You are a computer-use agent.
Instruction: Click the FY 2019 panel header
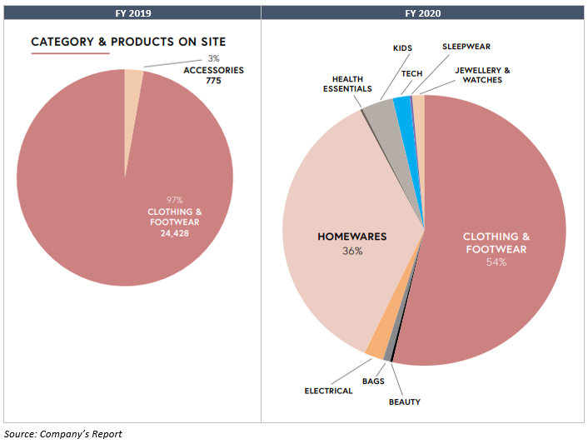(130, 13)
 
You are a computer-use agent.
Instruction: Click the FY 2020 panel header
(424, 13)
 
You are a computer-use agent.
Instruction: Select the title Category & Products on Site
(128, 42)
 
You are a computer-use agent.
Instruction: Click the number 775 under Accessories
(213, 82)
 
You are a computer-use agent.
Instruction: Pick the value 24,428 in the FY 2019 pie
(174, 232)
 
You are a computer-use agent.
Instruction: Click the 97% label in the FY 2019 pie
(174, 200)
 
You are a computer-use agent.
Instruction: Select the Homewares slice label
(351, 237)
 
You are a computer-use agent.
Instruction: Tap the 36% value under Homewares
(351, 251)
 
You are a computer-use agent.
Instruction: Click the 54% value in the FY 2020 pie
(496, 262)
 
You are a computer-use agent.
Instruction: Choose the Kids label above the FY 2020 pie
(403, 48)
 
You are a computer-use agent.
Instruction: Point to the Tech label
(412, 73)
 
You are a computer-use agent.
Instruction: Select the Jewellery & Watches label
(483, 75)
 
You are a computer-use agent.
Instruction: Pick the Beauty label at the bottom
(404, 402)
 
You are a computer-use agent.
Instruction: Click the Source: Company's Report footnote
(62, 434)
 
